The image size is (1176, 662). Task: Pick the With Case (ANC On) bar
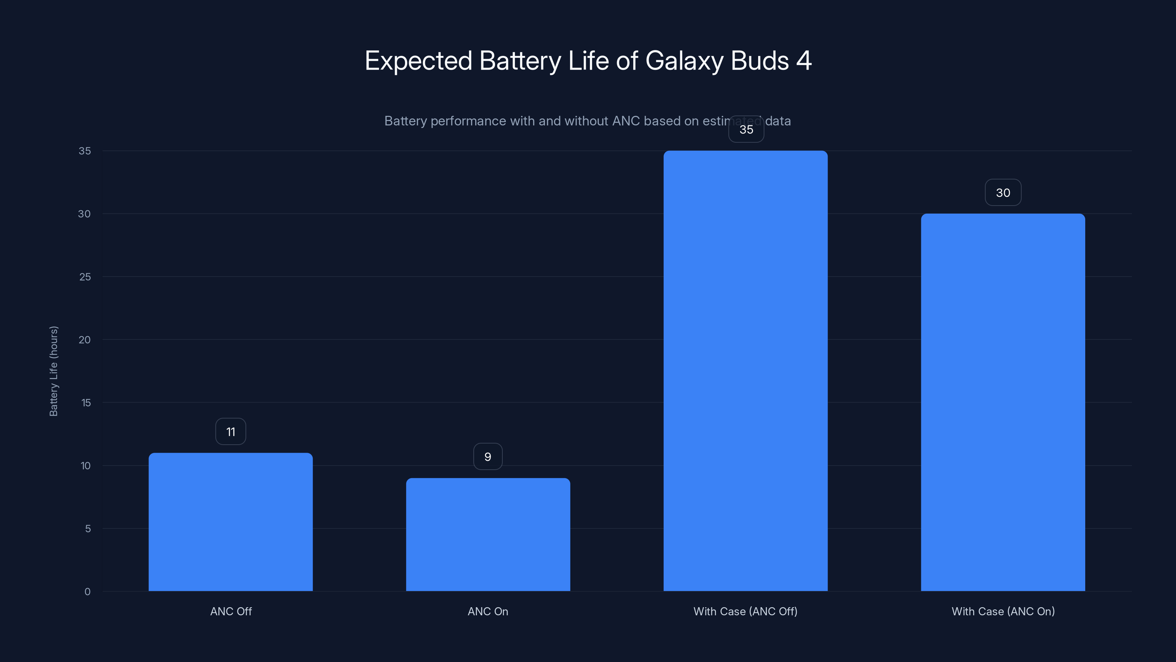coord(1003,402)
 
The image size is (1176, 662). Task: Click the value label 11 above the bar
coord(230,432)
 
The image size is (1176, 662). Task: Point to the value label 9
coord(488,457)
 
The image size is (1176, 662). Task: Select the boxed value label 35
coord(746,130)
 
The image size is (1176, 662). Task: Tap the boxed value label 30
coord(1003,193)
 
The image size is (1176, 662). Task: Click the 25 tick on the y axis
coord(85,277)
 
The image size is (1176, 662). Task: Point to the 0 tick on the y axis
coord(87,592)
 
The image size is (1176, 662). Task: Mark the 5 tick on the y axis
coord(88,528)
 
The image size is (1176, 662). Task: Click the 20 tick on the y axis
coord(85,340)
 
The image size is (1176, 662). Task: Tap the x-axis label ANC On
coord(488,611)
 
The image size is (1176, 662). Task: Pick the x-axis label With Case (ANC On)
coord(1003,611)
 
